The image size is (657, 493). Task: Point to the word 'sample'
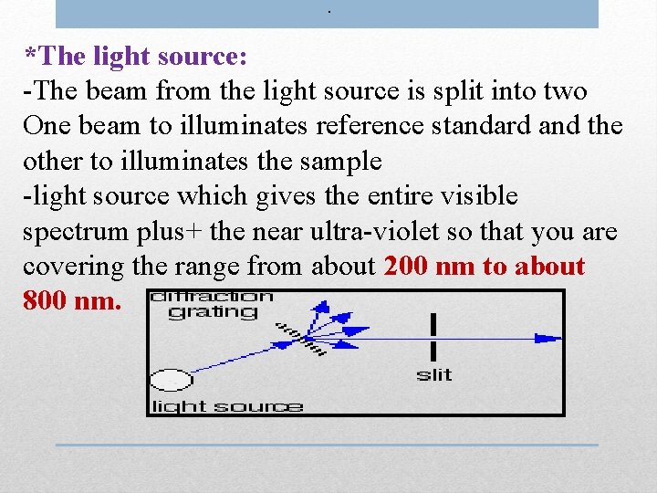(339, 161)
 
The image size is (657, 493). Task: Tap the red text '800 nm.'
(72, 300)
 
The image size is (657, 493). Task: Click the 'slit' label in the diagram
(434, 374)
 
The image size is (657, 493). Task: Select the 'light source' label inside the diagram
(226, 405)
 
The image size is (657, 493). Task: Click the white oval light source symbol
(171, 379)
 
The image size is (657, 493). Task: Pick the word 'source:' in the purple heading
(203, 57)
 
